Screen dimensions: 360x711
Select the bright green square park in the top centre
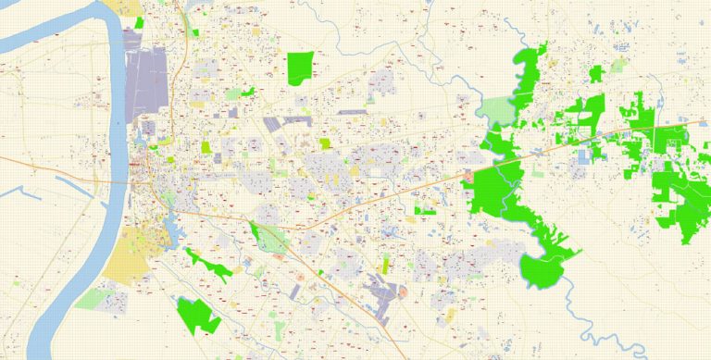tap(300, 68)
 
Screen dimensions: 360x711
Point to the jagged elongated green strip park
tap(211, 264)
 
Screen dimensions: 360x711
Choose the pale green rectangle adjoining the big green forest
tap(495, 113)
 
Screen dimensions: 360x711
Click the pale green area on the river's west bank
tap(93, 298)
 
